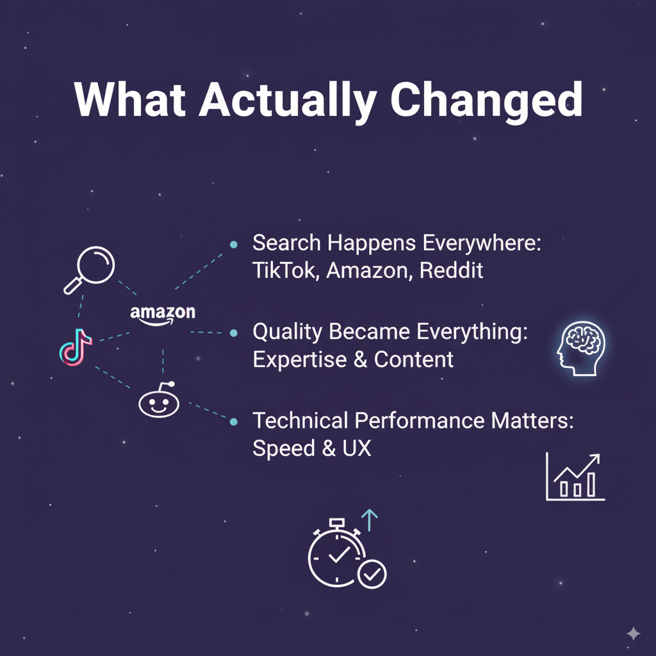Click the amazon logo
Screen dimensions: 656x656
(163, 314)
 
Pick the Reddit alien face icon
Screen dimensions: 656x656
(159, 402)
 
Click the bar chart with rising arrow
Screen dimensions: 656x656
(575, 477)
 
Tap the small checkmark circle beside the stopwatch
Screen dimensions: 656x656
(372, 574)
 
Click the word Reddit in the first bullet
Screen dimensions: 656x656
(452, 270)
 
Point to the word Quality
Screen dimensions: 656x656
(288, 332)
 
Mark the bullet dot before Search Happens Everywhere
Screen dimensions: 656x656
(234, 244)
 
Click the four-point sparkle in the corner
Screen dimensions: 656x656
(633, 634)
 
